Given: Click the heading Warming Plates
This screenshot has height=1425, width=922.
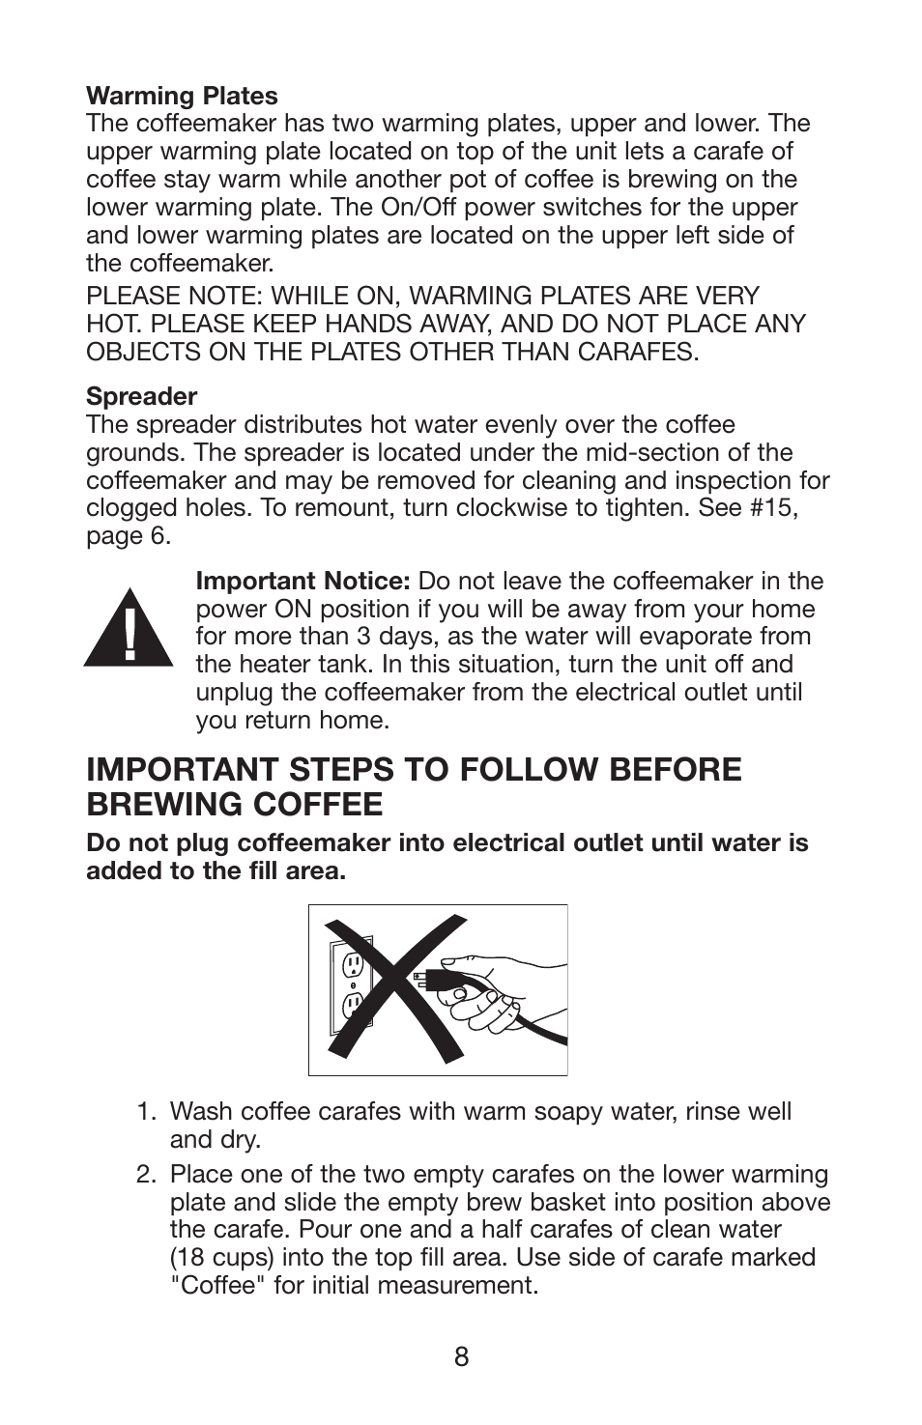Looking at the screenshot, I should click(182, 96).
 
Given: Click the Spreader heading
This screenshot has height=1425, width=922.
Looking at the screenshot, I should click(141, 396).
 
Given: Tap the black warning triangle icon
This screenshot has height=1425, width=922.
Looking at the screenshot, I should click(128, 629).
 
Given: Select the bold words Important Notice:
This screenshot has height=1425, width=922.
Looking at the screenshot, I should click(303, 581).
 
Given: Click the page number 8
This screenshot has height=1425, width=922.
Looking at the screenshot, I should click(461, 1357).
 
